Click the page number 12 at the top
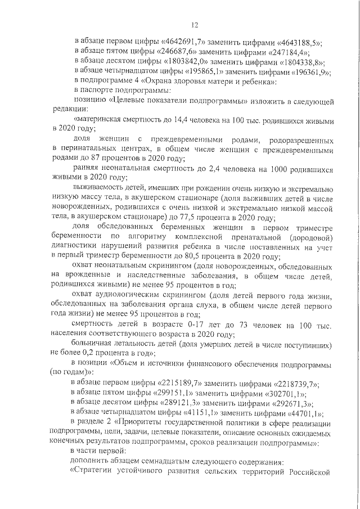195,25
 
